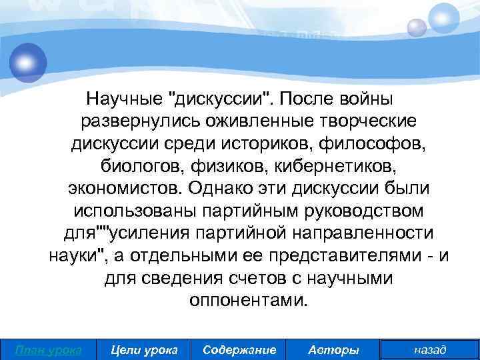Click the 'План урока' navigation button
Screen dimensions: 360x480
coord(48,349)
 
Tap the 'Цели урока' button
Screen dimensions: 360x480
coord(143,349)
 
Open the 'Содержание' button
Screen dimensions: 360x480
coord(239,349)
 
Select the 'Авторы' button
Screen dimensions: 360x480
coord(334,349)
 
